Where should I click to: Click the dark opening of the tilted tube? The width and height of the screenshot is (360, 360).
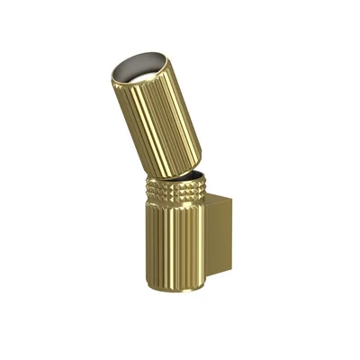[142, 72]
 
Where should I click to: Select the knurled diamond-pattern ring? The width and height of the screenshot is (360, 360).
[176, 193]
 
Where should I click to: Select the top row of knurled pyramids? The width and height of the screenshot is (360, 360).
[176, 184]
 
